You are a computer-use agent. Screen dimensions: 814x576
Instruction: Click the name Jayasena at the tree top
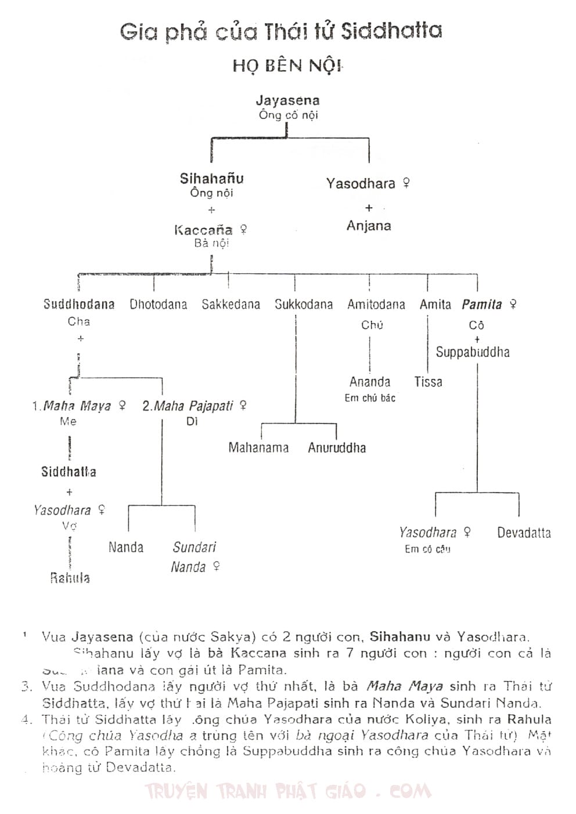(x=287, y=100)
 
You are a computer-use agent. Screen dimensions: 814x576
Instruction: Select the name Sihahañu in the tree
(x=211, y=179)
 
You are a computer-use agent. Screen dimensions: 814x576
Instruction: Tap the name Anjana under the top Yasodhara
(x=369, y=226)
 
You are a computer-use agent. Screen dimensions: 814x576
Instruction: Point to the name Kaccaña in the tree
(x=204, y=230)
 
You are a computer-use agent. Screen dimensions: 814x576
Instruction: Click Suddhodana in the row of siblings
(x=79, y=305)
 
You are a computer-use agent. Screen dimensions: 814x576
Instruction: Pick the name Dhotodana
(x=158, y=305)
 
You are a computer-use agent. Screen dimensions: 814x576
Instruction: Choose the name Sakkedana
(x=231, y=305)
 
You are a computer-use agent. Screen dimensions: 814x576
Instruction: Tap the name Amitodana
(x=376, y=305)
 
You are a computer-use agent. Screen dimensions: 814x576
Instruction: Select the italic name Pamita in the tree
(x=482, y=305)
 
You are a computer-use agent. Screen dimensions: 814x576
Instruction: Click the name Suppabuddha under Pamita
(x=473, y=352)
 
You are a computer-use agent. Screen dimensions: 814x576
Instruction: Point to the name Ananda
(x=370, y=382)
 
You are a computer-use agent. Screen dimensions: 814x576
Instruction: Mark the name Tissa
(x=428, y=382)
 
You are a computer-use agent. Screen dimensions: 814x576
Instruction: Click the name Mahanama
(x=258, y=447)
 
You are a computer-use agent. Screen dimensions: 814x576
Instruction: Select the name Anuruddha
(x=337, y=447)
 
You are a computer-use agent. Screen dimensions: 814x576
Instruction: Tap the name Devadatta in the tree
(x=524, y=533)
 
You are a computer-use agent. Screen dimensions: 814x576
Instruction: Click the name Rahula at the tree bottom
(x=70, y=578)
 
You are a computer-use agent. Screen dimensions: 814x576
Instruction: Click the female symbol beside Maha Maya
(x=122, y=406)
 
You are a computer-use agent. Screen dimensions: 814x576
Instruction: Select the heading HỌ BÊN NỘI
(x=287, y=65)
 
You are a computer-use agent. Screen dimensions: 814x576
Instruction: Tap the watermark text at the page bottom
(x=288, y=791)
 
